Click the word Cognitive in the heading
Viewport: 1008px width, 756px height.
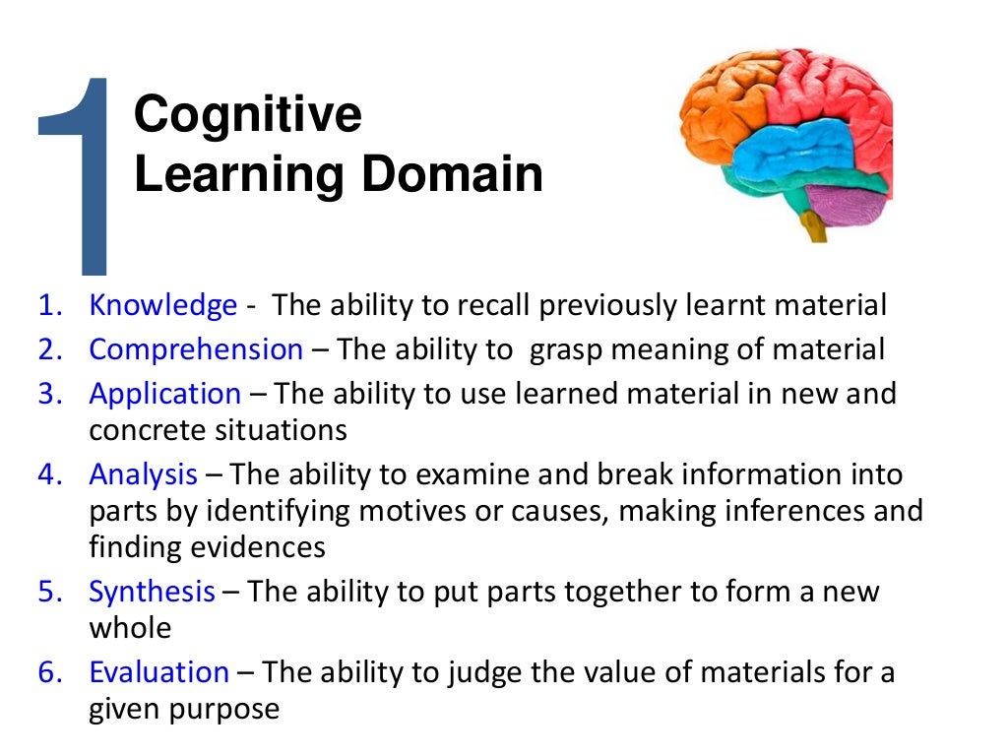coord(248,116)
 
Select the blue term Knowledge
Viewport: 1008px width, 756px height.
coord(163,305)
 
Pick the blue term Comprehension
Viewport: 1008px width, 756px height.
coord(196,349)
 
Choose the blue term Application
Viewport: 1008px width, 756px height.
coord(164,394)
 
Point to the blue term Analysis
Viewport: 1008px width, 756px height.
coord(144,474)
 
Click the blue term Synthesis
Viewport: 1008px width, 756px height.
coord(152,592)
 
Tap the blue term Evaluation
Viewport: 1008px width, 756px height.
coord(158,672)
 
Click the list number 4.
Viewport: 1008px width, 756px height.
coord(48,474)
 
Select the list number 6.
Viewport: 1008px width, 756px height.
coord(48,672)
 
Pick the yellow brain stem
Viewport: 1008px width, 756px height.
coord(813,226)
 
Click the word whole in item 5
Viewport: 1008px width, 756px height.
coord(130,628)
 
